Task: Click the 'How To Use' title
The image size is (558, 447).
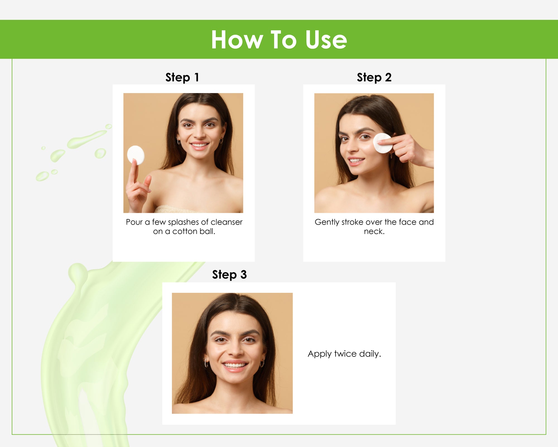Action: click(x=279, y=40)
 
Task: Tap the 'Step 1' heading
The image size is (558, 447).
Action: click(x=182, y=77)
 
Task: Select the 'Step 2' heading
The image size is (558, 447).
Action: click(x=374, y=77)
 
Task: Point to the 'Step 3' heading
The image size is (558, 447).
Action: click(x=229, y=275)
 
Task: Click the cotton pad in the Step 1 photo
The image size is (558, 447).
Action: click(x=136, y=155)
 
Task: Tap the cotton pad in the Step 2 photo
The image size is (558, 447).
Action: click(x=383, y=143)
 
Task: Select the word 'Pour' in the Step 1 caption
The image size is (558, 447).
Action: click(x=134, y=222)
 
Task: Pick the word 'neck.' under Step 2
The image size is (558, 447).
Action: click(x=374, y=231)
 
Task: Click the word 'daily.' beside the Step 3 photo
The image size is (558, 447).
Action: click(x=370, y=354)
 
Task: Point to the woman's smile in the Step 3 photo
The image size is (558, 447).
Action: click(x=235, y=366)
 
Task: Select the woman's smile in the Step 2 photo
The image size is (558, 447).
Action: click(x=356, y=161)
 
